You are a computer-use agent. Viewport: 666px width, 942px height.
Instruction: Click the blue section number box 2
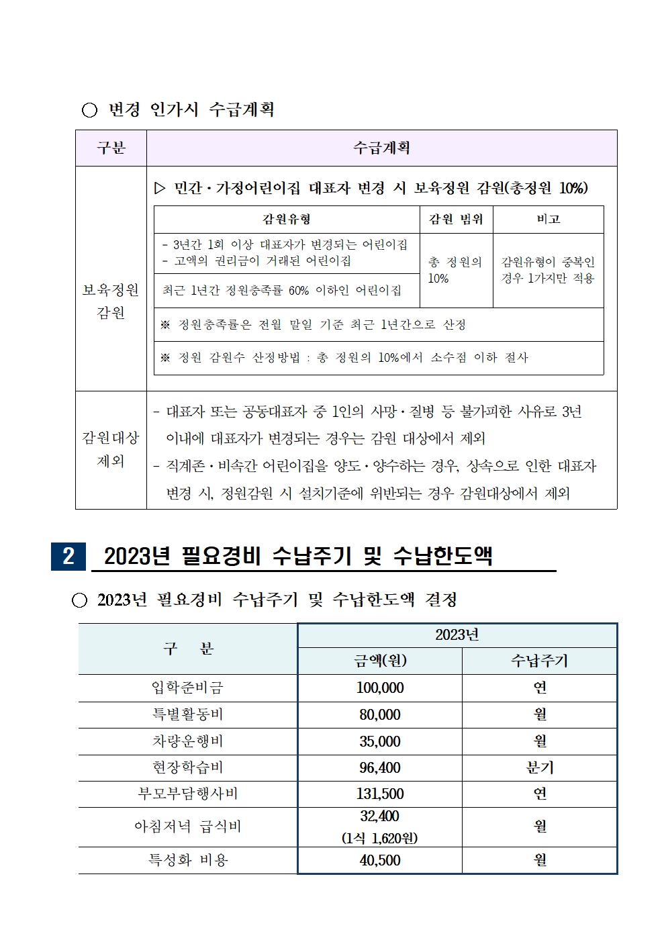coord(68,556)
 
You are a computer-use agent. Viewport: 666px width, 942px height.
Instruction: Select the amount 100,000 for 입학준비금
coord(380,688)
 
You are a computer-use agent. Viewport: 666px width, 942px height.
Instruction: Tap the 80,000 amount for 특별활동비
coord(380,714)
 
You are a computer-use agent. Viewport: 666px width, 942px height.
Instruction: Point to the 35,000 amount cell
coord(380,741)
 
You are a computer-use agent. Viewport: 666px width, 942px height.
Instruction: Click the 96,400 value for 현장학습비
coord(380,767)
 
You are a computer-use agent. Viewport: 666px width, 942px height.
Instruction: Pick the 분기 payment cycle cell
coord(540,767)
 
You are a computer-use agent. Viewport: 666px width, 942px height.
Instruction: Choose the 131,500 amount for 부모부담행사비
coord(380,794)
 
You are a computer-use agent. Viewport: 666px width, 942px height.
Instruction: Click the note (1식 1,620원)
coord(380,838)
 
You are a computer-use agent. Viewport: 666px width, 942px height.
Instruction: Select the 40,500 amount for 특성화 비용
coord(380,860)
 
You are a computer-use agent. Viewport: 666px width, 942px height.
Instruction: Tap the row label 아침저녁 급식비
coord(187,827)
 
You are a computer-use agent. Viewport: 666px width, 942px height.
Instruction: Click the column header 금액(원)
coord(380,661)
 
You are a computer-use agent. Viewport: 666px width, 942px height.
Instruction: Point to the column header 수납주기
coord(540,661)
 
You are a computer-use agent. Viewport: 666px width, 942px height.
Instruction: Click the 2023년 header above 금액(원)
coord(457,635)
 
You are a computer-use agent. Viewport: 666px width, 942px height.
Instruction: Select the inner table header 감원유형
coord(287,220)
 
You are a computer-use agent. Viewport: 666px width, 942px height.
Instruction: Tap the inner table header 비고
coord(549,220)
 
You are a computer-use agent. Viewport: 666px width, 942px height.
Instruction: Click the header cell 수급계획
coord(381,148)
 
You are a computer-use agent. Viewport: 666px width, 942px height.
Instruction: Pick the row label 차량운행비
coord(187,741)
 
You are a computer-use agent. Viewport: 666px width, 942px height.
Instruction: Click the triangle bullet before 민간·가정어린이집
coord(160,189)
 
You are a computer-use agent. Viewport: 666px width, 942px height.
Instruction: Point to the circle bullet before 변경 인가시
coord(89,110)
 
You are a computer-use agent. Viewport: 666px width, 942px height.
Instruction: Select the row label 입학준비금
coord(187,688)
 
